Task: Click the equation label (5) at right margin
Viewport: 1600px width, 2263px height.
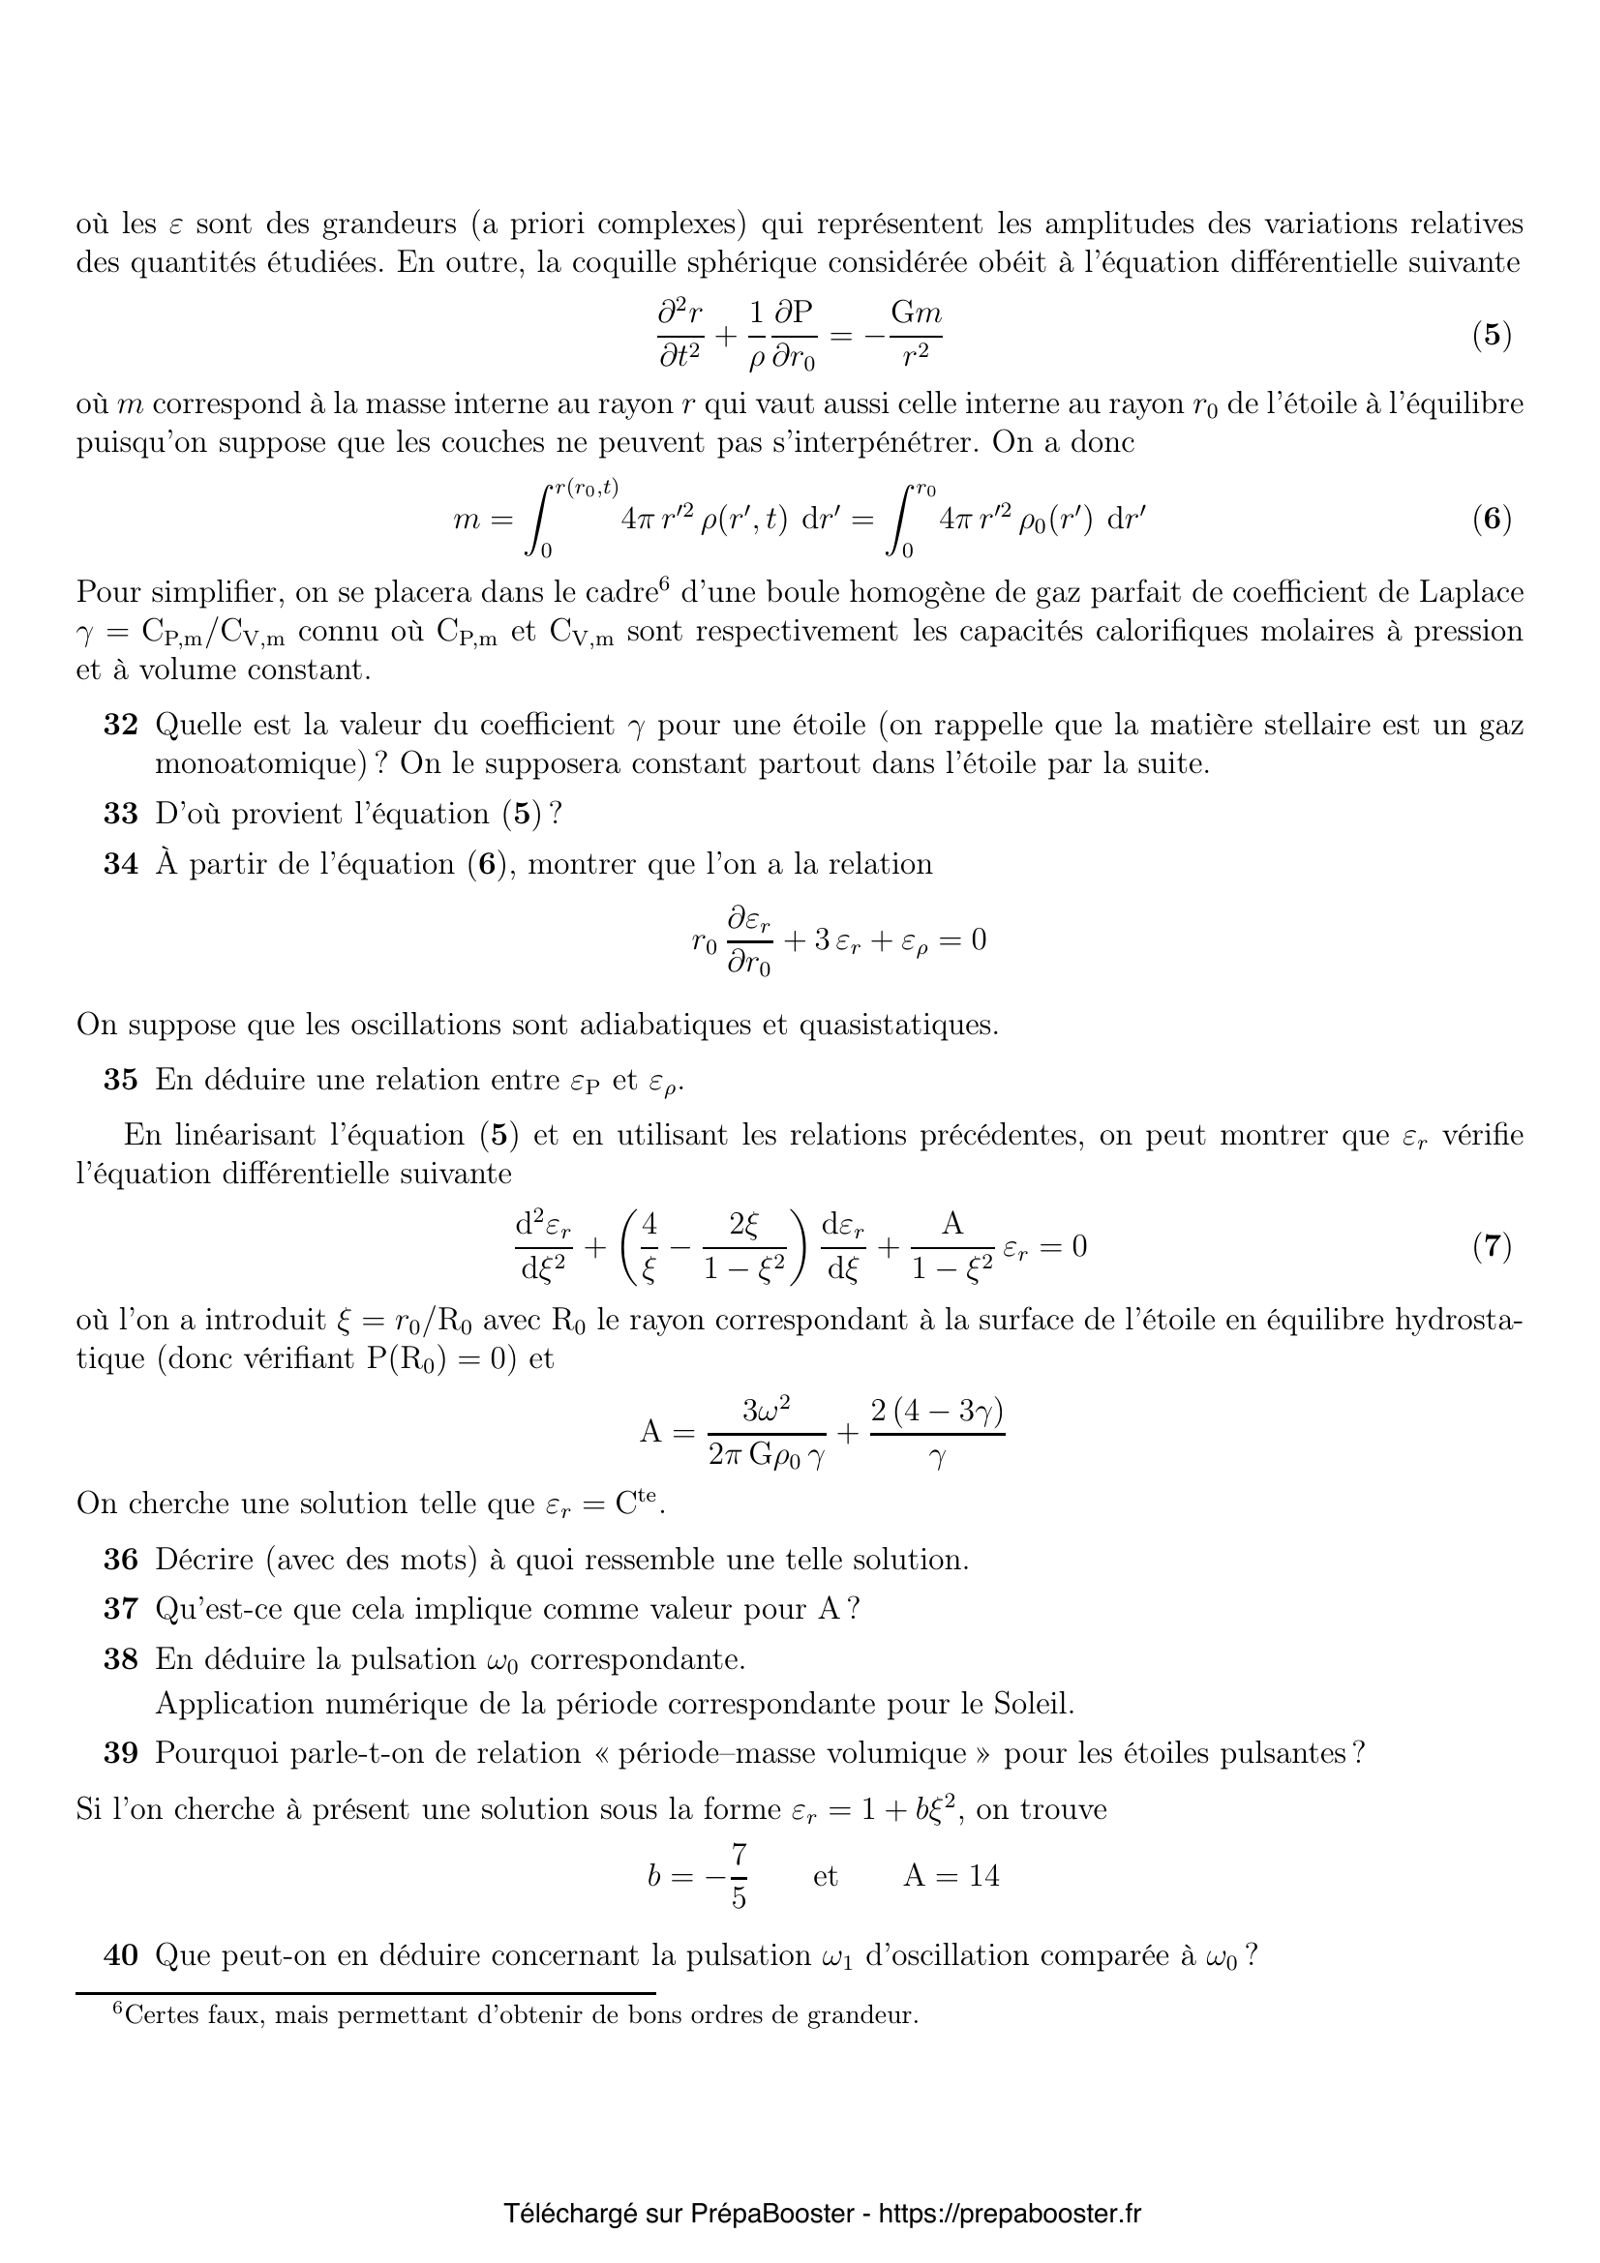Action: (x=1492, y=336)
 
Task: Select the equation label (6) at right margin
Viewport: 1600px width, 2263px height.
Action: (x=1492, y=519)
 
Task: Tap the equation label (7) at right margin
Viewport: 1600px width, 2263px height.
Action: (x=1492, y=1247)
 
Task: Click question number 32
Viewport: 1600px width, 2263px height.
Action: (x=120, y=726)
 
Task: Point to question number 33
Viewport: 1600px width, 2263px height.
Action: (x=120, y=814)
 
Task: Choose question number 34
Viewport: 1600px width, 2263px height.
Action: (x=120, y=864)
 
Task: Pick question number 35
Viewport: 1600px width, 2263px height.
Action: (x=120, y=1081)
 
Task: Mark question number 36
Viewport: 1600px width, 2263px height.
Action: (x=120, y=1561)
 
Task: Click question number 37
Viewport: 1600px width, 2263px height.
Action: (x=120, y=1610)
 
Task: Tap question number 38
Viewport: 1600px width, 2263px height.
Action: (x=120, y=1660)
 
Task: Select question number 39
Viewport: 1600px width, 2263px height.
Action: (x=120, y=1753)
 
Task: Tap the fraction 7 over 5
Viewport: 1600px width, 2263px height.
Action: (x=739, y=1877)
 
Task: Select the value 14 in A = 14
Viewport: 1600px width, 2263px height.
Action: (x=982, y=1877)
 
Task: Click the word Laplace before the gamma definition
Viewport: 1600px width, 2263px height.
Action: (x=1471, y=593)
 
